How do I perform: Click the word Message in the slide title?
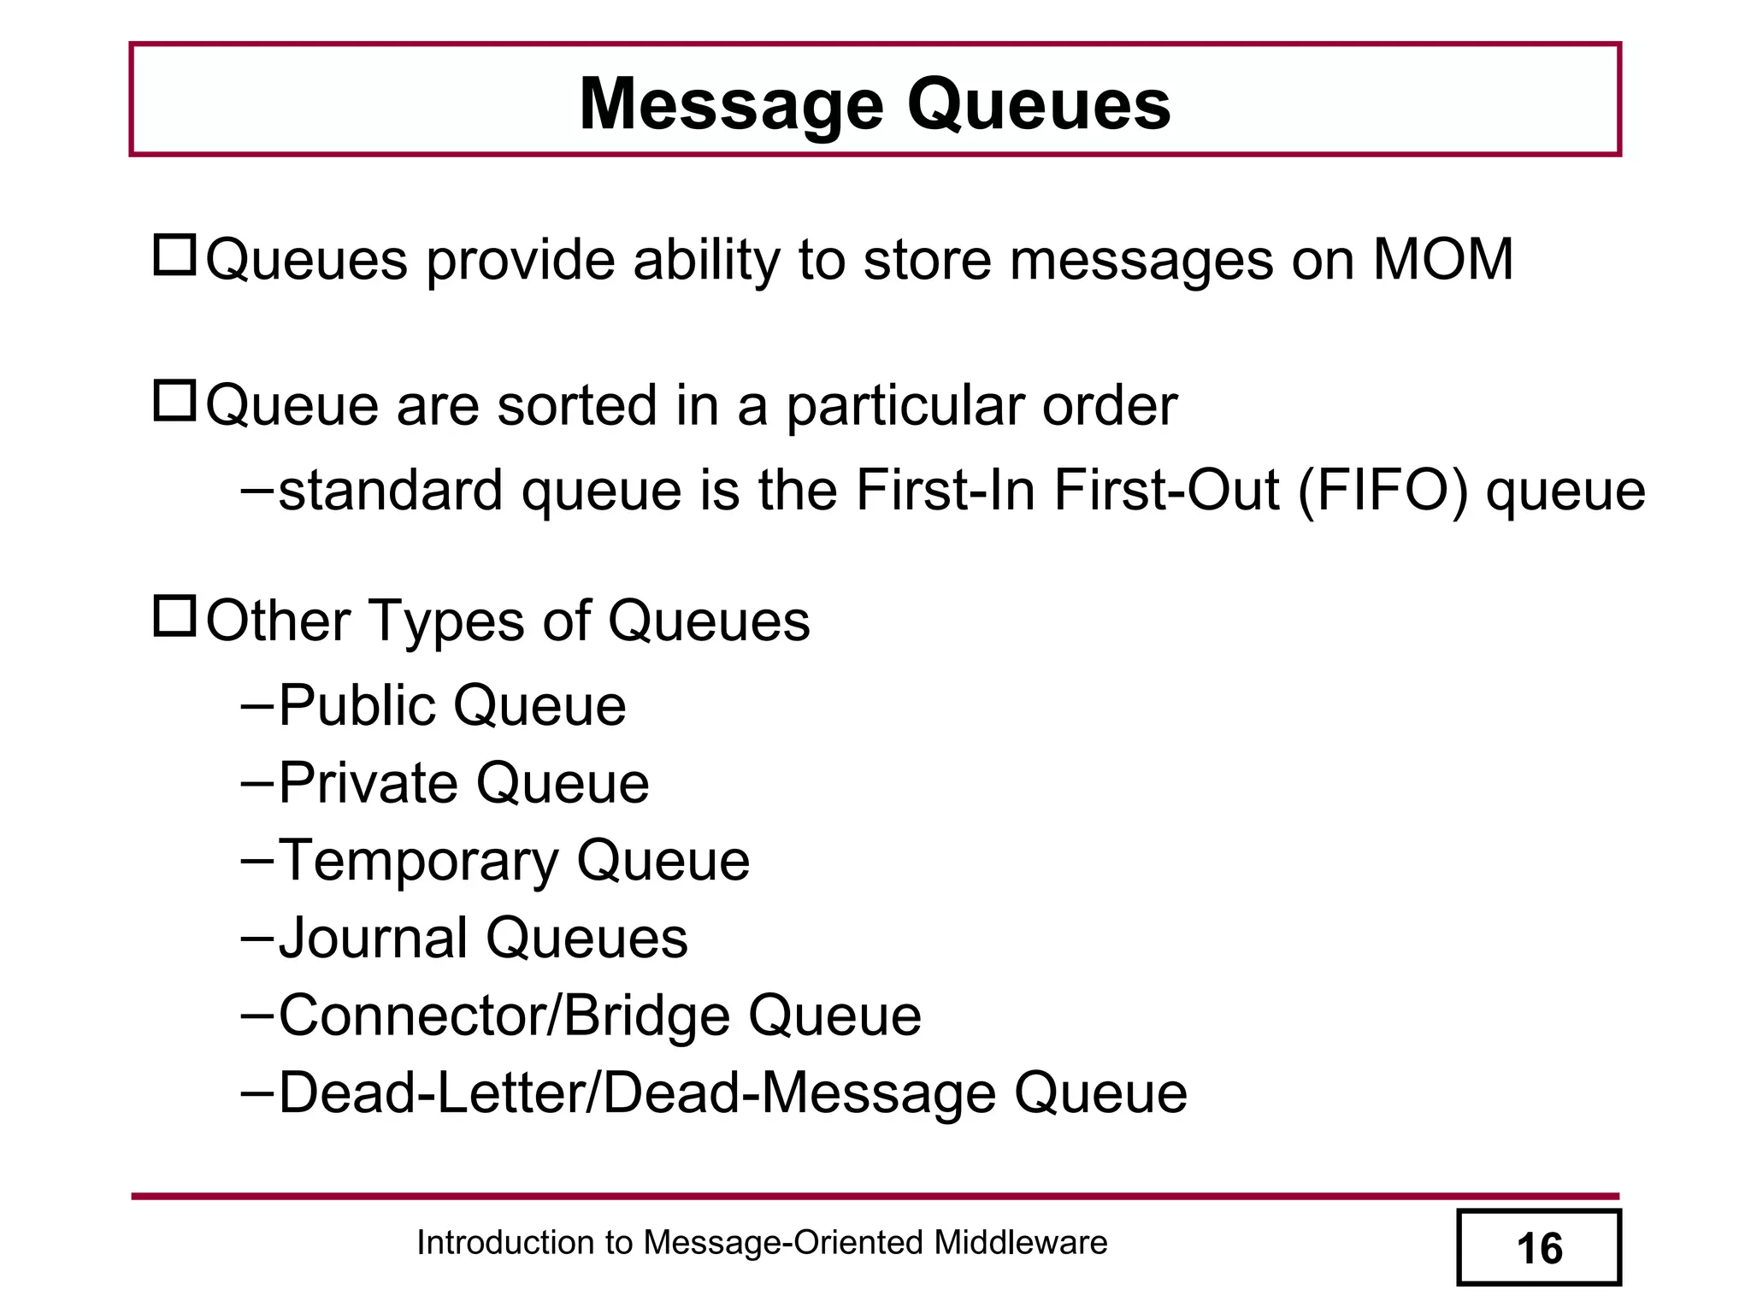click(x=731, y=105)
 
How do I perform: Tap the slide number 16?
click(x=1539, y=1249)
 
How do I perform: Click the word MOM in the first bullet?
click(x=1442, y=259)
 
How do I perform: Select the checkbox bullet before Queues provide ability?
click(x=175, y=255)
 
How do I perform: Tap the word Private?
click(x=368, y=784)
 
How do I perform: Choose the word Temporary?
click(x=418, y=861)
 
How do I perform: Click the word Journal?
click(x=373, y=938)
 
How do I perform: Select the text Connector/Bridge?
click(x=504, y=1016)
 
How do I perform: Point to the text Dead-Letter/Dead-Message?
click(x=637, y=1093)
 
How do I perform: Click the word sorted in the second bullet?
click(x=577, y=405)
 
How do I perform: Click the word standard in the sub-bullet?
click(x=391, y=491)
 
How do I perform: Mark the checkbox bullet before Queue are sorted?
click(x=175, y=400)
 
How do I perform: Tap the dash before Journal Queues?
click(x=256, y=937)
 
